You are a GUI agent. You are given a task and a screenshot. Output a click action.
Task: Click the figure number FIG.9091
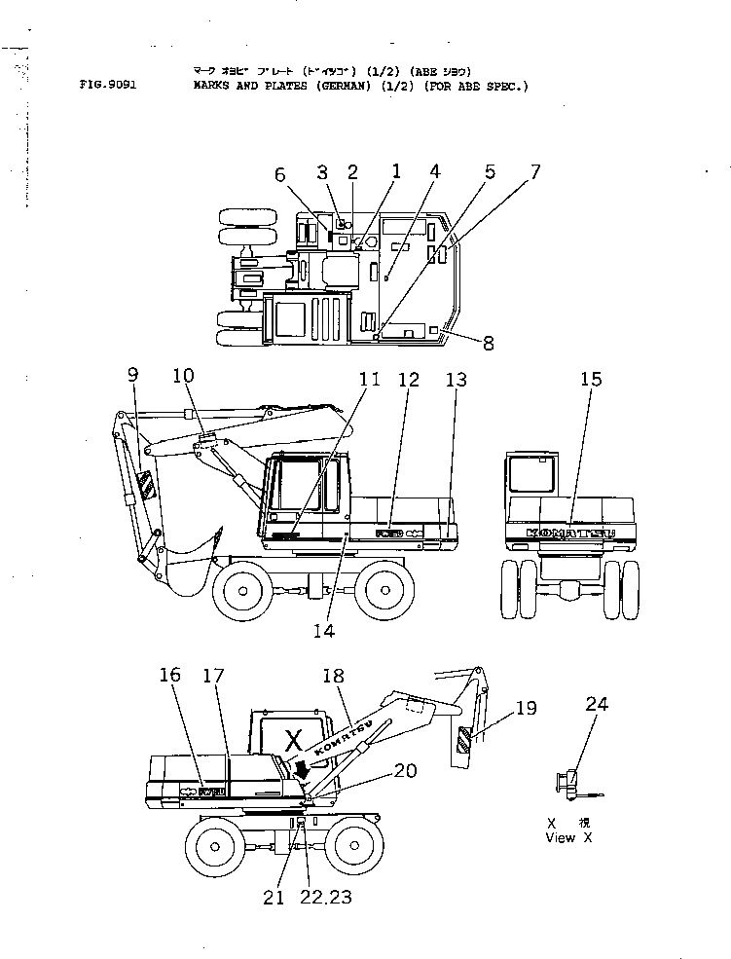(107, 85)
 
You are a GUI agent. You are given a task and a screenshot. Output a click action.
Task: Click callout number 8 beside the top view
(488, 342)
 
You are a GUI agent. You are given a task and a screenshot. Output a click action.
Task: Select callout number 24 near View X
(597, 703)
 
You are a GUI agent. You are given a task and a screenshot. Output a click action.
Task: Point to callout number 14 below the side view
(323, 630)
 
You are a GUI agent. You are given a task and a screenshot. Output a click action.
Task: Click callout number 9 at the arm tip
(132, 373)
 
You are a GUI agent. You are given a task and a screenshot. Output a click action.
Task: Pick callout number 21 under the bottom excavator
(274, 898)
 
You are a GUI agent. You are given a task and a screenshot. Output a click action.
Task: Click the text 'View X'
(568, 837)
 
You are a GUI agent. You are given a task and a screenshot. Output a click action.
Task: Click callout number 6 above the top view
(279, 174)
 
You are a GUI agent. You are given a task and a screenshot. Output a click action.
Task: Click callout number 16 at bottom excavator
(170, 674)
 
